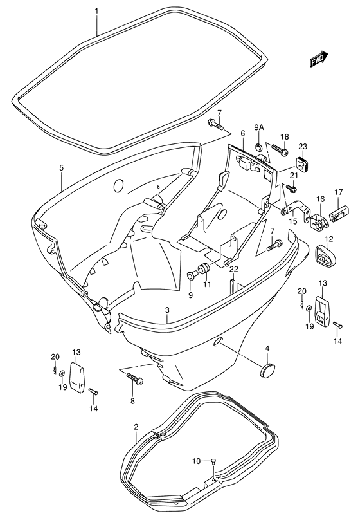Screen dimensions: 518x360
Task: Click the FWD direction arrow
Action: tap(319, 60)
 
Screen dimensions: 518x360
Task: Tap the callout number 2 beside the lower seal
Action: tap(136, 427)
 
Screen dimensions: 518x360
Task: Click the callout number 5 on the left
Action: tap(61, 168)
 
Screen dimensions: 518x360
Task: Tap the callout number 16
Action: tap(319, 200)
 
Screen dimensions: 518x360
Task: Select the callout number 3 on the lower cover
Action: tap(167, 310)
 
